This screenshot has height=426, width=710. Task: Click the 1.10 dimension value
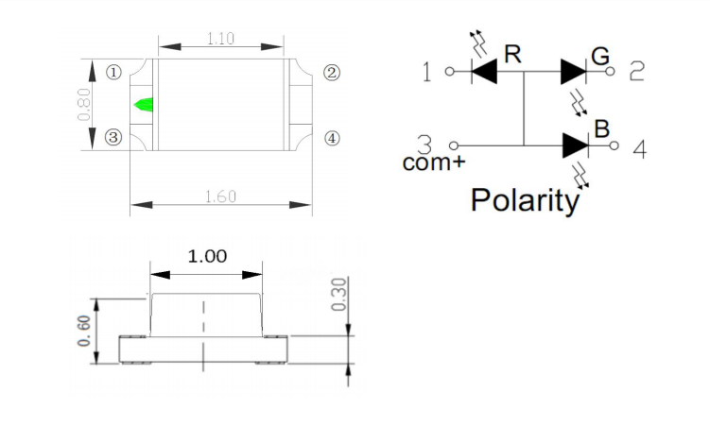coord(220,39)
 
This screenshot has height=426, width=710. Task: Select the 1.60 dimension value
coord(220,196)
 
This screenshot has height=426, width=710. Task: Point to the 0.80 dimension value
coord(83,106)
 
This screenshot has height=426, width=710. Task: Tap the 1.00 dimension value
coord(207,256)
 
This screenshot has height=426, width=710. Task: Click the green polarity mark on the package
coord(145,105)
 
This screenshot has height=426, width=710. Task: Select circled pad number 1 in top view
coord(113,73)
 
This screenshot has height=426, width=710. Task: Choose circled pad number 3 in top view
coord(113,138)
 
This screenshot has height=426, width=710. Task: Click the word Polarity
coord(525,200)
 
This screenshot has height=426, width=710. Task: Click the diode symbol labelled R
coord(485,71)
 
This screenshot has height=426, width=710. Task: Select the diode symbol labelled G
coord(574,71)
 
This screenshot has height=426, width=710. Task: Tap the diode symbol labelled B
coord(576,145)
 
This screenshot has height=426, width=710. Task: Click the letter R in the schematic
coord(511,54)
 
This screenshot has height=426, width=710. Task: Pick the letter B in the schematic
coord(602,128)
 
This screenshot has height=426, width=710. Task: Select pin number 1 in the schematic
coord(427,72)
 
